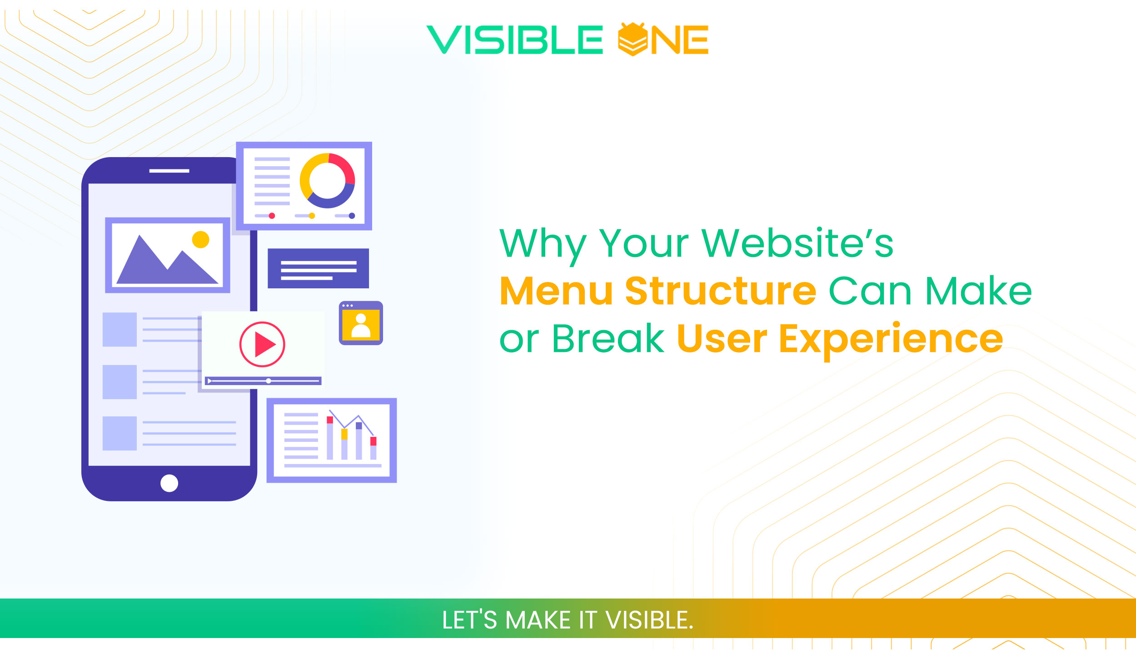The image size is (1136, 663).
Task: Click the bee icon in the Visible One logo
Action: pos(633,39)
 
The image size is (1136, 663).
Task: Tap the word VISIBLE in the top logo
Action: pos(514,40)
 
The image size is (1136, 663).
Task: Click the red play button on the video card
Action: pos(262,344)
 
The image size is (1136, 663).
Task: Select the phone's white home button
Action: pos(169,483)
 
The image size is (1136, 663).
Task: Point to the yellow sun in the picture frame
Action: pos(200,239)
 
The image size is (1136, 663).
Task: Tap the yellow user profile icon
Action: pos(361,323)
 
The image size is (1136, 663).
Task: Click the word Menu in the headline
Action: pos(556,291)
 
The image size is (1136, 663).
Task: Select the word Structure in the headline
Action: pos(720,291)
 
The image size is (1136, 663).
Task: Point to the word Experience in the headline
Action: pos(891,339)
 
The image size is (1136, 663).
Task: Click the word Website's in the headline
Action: pos(797,243)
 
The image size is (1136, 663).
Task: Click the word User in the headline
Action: pos(722,339)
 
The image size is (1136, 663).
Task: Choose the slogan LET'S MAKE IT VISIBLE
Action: pos(568,620)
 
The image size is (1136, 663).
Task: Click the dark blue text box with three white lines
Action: pos(318,268)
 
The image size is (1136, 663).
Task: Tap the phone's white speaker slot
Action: pos(169,171)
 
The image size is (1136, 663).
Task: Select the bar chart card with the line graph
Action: pos(331,440)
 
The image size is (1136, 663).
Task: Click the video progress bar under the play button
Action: pos(264,381)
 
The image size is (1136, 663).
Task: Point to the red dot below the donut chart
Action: pos(272,216)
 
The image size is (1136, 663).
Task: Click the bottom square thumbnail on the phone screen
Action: pos(120,433)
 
